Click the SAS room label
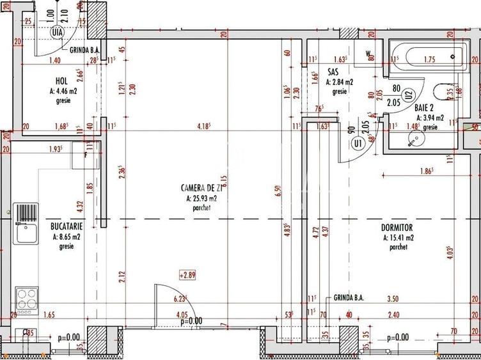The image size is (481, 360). pyautogui.click(x=333, y=72)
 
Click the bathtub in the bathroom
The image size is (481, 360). pyautogui.click(x=426, y=59)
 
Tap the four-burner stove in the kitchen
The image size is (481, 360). pyautogui.click(x=26, y=298)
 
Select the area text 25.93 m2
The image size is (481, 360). pyautogui.click(x=201, y=198)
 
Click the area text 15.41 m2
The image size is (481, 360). pyautogui.click(x=397, y=237)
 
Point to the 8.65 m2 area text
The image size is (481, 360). pyautogui.click(x=67, y=237)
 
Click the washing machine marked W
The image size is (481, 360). pyautogui.click(x=368, y=54)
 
